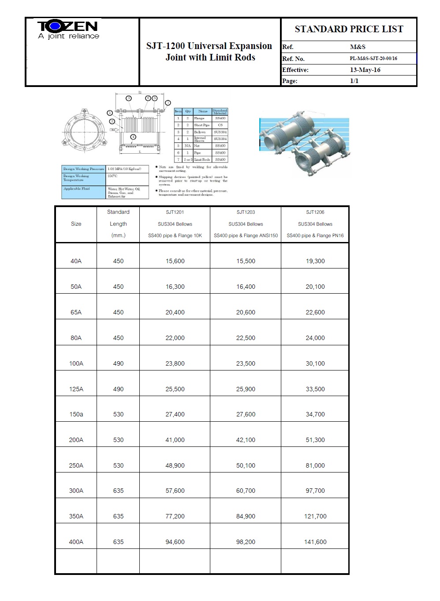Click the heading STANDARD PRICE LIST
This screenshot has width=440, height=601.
click(349, 29)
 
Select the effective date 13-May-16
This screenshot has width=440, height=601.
click(365, 70)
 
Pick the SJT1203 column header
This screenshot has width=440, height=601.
click(246, 212)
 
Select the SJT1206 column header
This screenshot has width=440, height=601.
click(315, 212)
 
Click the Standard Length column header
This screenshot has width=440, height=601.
click(118, 224)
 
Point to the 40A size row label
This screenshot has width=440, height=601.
click(76, 261)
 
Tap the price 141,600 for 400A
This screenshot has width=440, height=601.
click(315, 542)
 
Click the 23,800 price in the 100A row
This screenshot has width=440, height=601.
click(175, 363)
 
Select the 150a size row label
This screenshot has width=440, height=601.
click(76, 414)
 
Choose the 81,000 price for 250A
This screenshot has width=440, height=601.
click(315, 465)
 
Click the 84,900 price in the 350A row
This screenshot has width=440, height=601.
click(246, 516)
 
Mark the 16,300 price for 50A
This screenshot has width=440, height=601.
click(175, 287)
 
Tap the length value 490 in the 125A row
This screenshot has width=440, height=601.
click(118, 389)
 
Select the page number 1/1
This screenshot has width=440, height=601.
click(354, 81)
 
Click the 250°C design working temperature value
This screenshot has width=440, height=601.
click(112, 176)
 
